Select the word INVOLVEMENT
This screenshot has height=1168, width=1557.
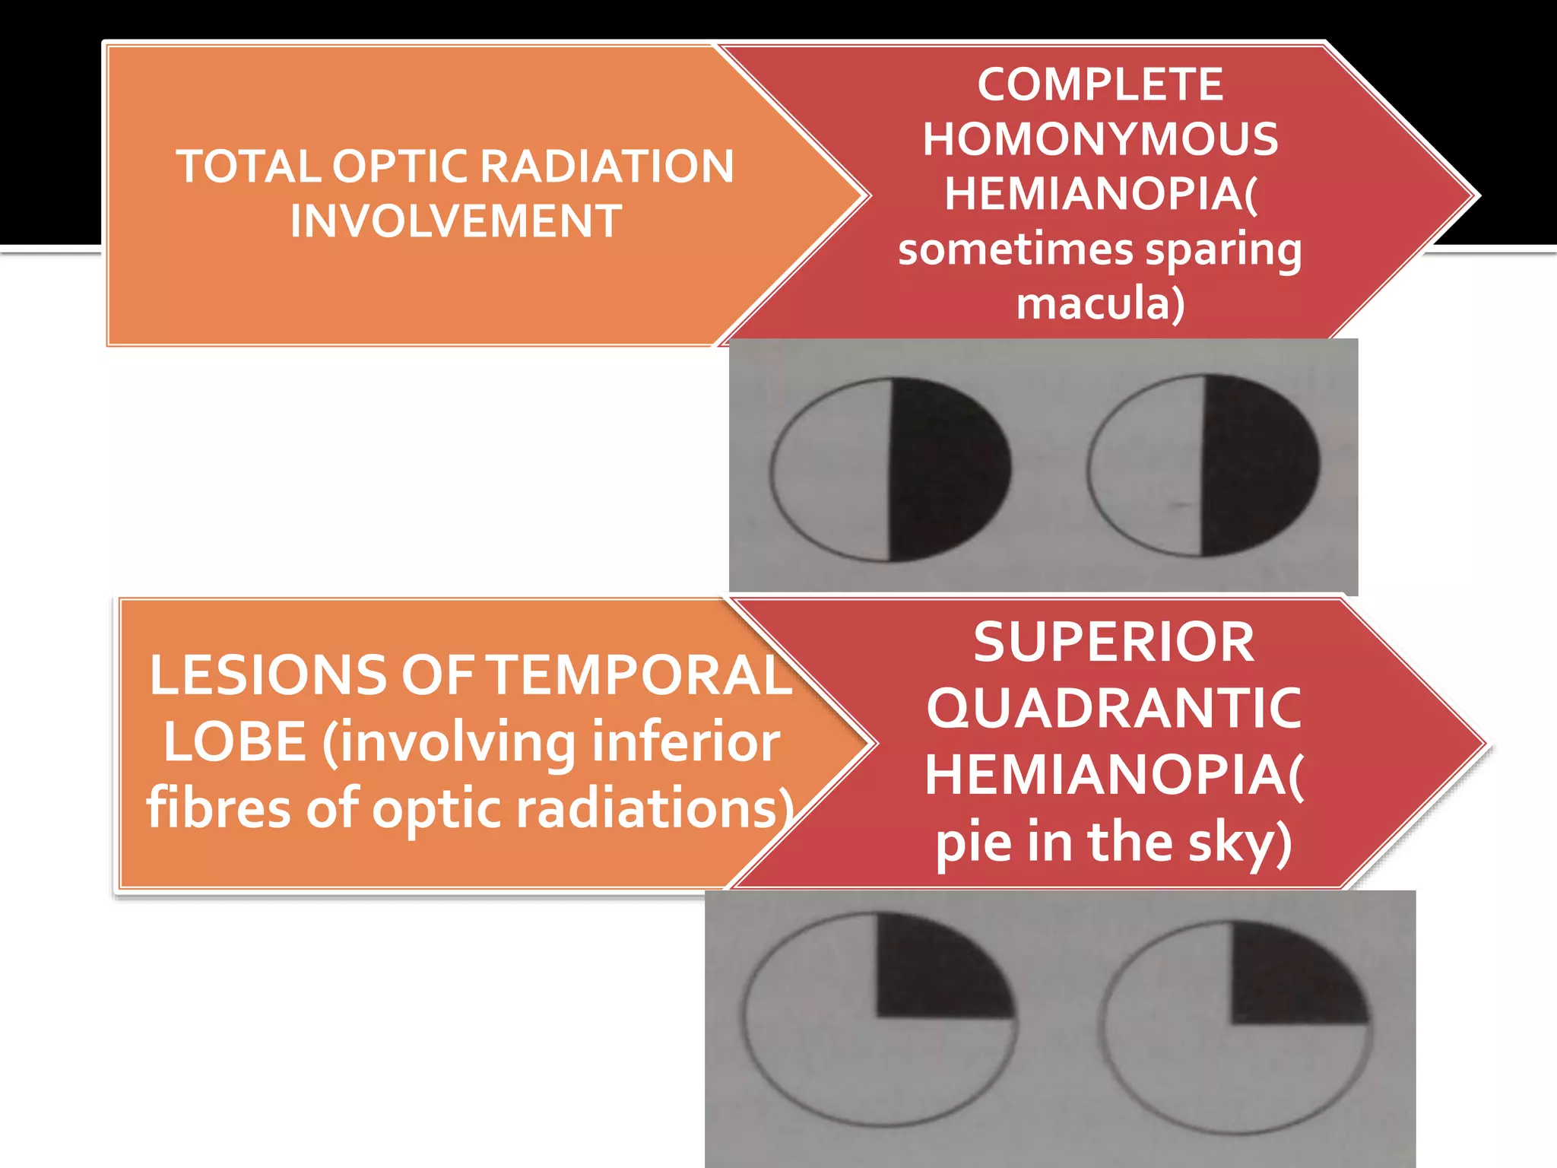[456, 221]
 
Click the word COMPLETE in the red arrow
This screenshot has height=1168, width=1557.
[1100, 84]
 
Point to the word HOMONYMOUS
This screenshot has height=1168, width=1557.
[1100, 139]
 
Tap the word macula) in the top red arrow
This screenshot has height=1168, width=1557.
[1100, 303]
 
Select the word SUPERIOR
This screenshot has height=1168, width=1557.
[1114, 643]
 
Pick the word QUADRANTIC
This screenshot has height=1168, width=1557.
[1114, 709]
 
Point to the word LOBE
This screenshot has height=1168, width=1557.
[234, 742]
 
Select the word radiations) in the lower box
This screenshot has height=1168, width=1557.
[655, 808]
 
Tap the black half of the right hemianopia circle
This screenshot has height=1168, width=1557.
[1258, 464]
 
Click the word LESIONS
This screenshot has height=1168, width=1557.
[268, 675]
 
